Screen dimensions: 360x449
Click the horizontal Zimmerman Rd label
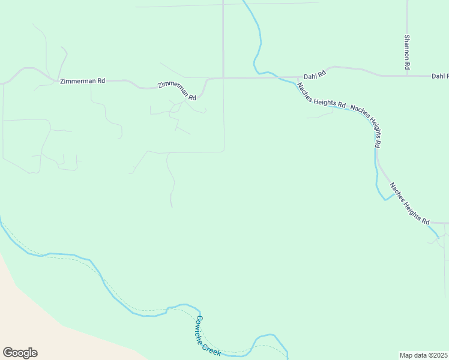pyautogui.click(x=82, y=80)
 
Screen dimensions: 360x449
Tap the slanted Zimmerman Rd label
pyautogui.click(x=177, y=91)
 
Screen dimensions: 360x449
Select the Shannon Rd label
pyautogui.click(x=407, y=51)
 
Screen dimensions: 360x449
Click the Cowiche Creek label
pyautogui.click(x=208, y=336)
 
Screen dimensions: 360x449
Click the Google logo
pyautogui.click(x=20, y=353)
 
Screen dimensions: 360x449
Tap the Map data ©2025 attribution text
pyautogui.click(x=424, y=355)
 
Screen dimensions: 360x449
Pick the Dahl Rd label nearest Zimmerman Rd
pyautogui.click(x=314, y=75)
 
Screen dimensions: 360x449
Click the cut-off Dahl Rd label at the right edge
pyautogui.click(x=439, y=76)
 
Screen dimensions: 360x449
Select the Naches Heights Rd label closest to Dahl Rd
pyautogui.click(x=321, y=95)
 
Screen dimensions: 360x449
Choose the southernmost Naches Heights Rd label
pyautogui.click(x=410, y=203)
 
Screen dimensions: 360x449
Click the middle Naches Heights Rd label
pyautogui.click(x=367, y=125)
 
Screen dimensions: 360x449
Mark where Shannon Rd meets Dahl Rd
pyautogui.click(x=407, y=76)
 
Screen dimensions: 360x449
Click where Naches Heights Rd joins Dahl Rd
pyautogui.click(x=298, y=77)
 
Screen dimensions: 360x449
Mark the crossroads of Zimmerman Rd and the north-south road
pyautogui.click(x=223, y=77)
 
